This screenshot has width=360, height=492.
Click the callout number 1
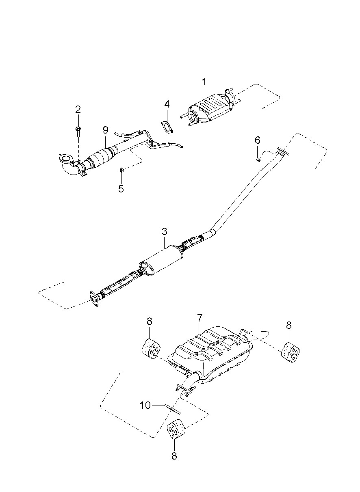point(204,82)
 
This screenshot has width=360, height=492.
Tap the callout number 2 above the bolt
point(78,109)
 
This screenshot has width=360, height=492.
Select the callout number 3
point(164,232)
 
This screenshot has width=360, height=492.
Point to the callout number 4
point(167,104)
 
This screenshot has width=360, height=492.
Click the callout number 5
point(121,189)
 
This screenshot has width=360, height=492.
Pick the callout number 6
point(258,140)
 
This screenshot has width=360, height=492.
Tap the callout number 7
point(200,320)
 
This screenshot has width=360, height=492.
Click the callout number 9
point(105,130)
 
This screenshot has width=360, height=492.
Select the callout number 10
point(145,405)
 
